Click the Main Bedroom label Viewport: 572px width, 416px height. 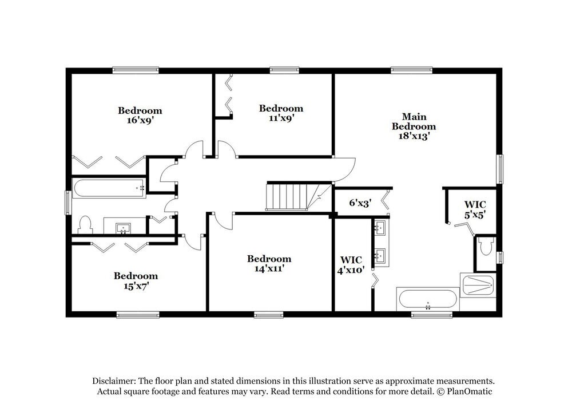[414, 126]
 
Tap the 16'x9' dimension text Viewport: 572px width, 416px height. [140, 120]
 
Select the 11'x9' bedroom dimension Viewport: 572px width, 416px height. [281, 118]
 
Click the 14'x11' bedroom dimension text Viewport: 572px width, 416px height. [269, 268]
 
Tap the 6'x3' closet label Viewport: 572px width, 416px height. [361, 203]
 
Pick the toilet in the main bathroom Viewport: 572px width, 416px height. [487, 247]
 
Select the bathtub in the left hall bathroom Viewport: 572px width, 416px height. [109, 188]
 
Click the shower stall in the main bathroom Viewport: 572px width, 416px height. [478, 284]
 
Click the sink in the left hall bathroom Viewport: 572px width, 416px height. [123, 228]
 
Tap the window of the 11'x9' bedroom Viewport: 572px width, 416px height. [284, 70]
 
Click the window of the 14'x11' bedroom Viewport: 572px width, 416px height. [269, 314]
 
